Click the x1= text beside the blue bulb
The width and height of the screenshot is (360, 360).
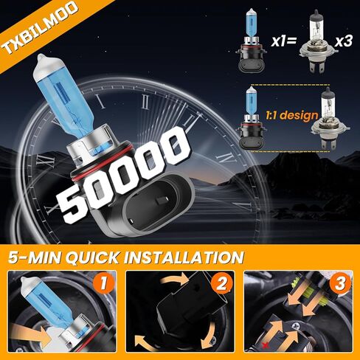(x=284, y=41)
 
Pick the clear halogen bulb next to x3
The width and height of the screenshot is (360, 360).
(x=318, y=44)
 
